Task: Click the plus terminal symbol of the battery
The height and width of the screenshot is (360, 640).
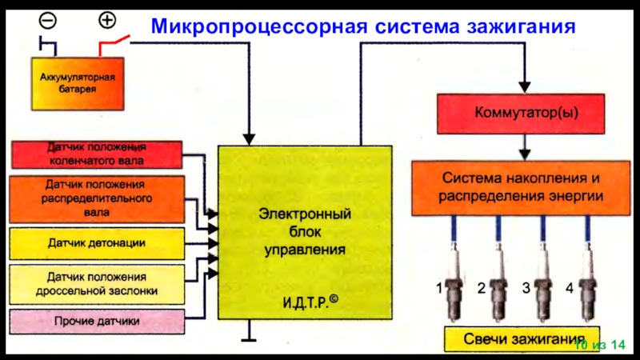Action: pos(106,18)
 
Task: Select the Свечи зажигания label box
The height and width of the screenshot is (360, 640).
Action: pos(520,339)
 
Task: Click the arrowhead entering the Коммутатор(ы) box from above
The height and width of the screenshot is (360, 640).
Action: pos(525,85)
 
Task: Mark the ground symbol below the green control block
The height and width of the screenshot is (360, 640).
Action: pos(250,335)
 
